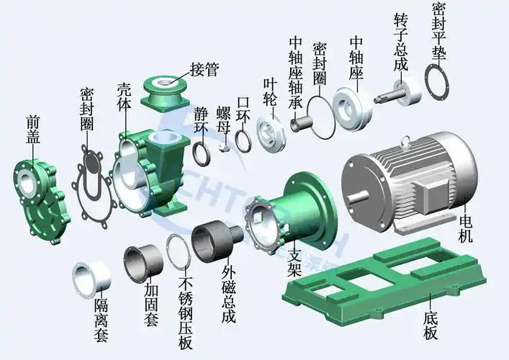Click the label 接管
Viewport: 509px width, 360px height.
204,70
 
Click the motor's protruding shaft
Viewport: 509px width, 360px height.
356,193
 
